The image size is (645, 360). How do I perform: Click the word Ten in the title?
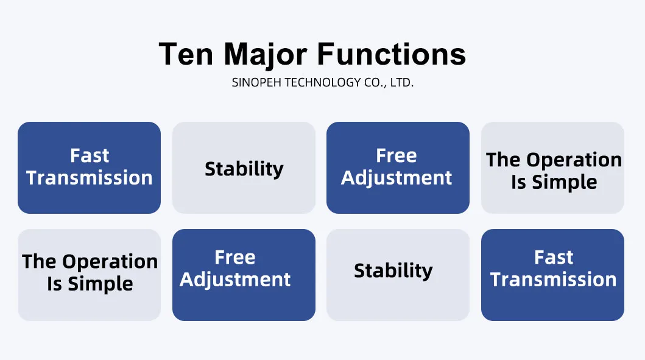click(186, 54)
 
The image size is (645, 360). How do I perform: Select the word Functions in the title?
click(391, 54)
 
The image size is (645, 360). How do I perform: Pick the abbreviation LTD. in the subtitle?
click(402, 83)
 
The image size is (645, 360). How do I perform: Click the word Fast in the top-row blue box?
click(90, 155)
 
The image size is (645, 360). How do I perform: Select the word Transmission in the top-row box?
click(90, 178)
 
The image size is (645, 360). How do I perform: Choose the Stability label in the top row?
click(244, 169)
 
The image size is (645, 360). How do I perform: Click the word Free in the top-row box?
click(397, 155)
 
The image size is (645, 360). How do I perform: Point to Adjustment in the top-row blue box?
click(397, 178)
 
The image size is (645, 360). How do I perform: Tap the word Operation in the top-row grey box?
click(574, 160)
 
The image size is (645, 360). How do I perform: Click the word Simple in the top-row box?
click(565, 182)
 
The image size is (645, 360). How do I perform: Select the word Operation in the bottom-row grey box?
click(110, 262)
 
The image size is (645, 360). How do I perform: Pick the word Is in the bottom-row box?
click(55, 284)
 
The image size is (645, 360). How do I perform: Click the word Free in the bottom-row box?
click(235, 258)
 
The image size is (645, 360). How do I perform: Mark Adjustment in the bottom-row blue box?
click(235, 280)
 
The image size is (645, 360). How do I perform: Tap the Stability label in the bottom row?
click(393, 270)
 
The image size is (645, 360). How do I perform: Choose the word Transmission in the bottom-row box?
click(553, 280)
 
